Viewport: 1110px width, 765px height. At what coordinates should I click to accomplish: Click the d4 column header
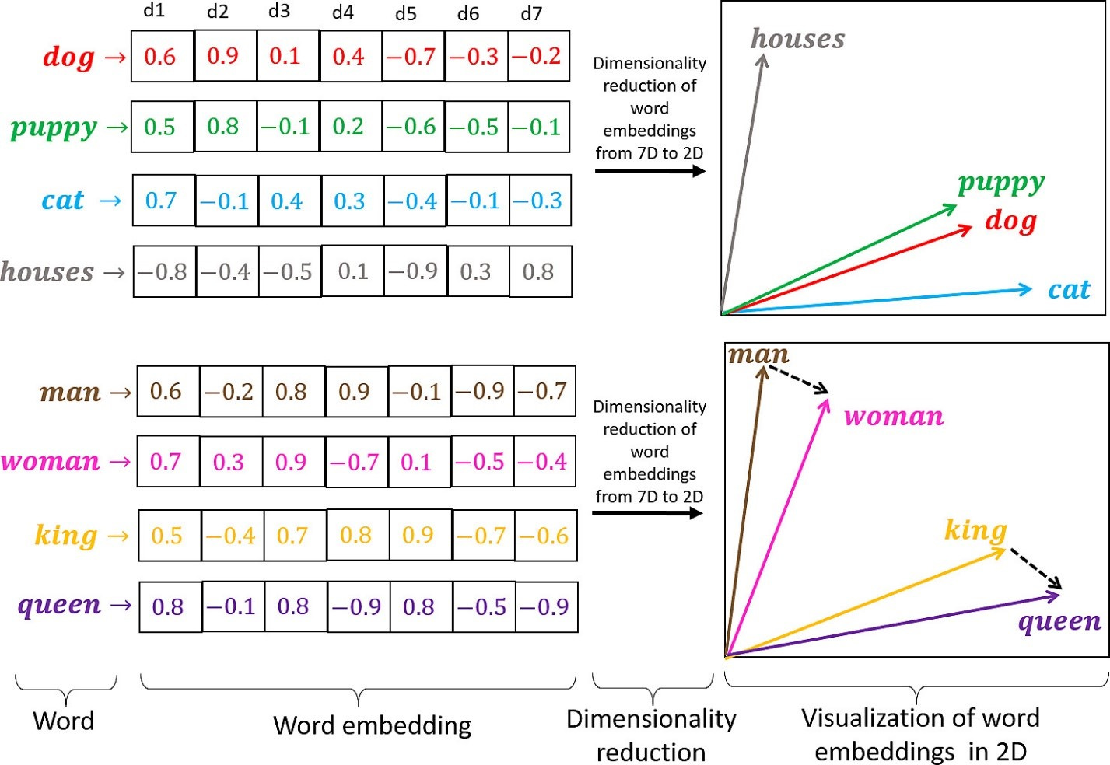point(342,12)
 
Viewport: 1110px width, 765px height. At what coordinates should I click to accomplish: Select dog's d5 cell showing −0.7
point(413,56)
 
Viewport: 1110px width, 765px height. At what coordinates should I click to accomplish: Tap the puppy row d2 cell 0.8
point(223,126)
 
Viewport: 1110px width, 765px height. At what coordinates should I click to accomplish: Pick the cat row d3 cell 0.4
point(287,201)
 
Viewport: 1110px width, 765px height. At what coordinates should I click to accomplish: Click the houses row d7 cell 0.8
point(538,271)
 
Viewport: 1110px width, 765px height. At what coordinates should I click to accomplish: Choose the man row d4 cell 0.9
point(354,391)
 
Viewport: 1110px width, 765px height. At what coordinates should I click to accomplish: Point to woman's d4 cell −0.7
point(355,462)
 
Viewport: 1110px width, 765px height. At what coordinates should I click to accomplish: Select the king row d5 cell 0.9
point(418,535)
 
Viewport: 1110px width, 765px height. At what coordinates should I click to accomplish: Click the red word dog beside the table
point(68,57)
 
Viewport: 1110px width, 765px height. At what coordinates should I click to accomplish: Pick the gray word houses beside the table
point(47,271)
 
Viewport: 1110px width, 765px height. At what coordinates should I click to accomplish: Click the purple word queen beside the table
point(59,605)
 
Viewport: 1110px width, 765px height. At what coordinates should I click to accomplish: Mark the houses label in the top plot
point(797,39)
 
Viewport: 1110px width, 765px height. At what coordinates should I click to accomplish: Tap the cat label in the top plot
point(1069,290)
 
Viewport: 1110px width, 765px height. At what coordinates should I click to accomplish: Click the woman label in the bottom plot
point(894,416)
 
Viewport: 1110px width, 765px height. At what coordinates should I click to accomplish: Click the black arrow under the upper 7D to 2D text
point(650,171)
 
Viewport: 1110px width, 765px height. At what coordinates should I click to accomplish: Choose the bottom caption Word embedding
point(372,725)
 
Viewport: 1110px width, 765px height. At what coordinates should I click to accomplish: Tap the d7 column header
point(531,13)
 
